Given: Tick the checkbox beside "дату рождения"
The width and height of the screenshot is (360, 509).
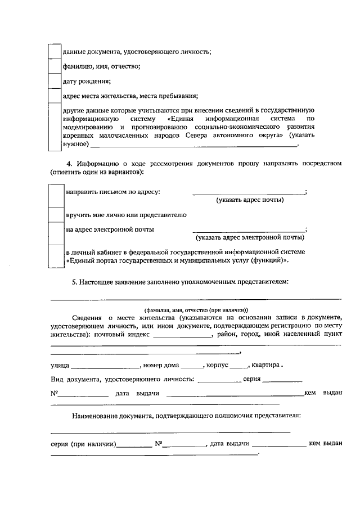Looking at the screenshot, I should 55,81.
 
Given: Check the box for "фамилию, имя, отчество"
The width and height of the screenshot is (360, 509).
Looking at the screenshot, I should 55,66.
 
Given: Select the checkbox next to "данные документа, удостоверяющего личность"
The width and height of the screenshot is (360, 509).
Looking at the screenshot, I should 55,51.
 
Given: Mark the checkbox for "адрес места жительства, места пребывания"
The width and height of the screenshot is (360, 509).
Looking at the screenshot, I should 55,96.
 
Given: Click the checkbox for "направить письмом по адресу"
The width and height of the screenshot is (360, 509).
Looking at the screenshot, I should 56,195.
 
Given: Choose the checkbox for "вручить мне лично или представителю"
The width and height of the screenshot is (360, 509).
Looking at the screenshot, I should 56,215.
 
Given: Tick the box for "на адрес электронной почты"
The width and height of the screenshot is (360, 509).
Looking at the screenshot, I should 56,233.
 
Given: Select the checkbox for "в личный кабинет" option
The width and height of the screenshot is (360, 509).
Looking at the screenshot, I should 56,256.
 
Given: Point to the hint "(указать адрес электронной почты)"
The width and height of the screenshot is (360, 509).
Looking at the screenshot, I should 250,237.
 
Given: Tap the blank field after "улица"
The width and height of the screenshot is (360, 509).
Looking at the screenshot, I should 105,366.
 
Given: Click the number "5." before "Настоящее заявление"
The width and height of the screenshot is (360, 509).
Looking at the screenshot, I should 75,281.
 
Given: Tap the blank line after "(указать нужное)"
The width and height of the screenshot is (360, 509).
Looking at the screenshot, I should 193,145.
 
